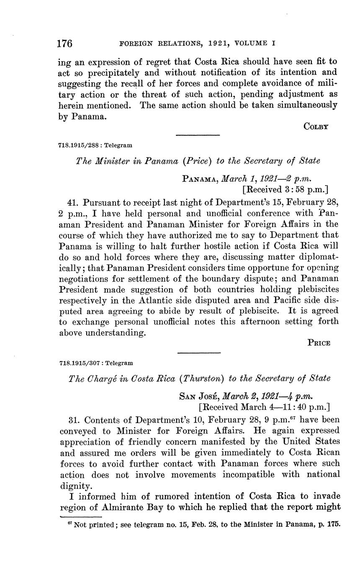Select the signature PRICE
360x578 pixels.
[x=319, y=343]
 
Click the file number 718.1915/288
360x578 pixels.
[x=78, y=145]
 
